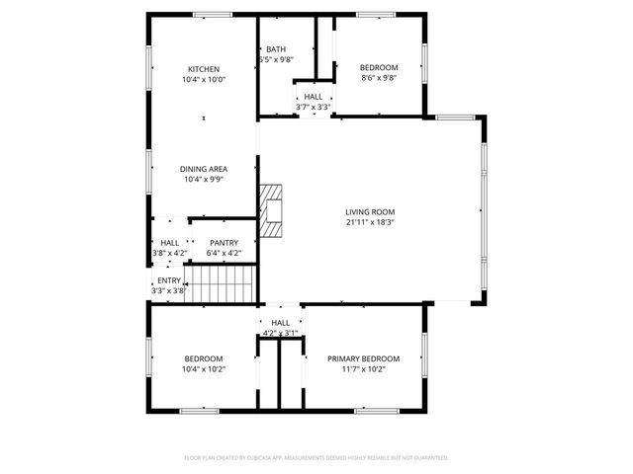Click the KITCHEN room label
[x=204, y=69]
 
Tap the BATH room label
[x=276, y=49]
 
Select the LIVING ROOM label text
[x=370, y=211]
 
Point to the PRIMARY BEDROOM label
[x=363, y=358]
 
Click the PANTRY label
[x=224, y=243]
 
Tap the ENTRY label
[x=168, y=280]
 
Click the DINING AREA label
[x=204, y=169]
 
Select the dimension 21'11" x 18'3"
[x=370, y=222]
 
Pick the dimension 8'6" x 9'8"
[x=378, y=79]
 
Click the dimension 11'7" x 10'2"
[x=363, y=369]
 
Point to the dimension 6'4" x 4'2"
[x=224, y=253]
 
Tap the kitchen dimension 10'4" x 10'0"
[x=204, y=79]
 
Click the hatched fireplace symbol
[x=272, y=210]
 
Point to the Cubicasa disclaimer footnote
[x=316, y=457]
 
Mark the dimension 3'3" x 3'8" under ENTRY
[x=168, y=290]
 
